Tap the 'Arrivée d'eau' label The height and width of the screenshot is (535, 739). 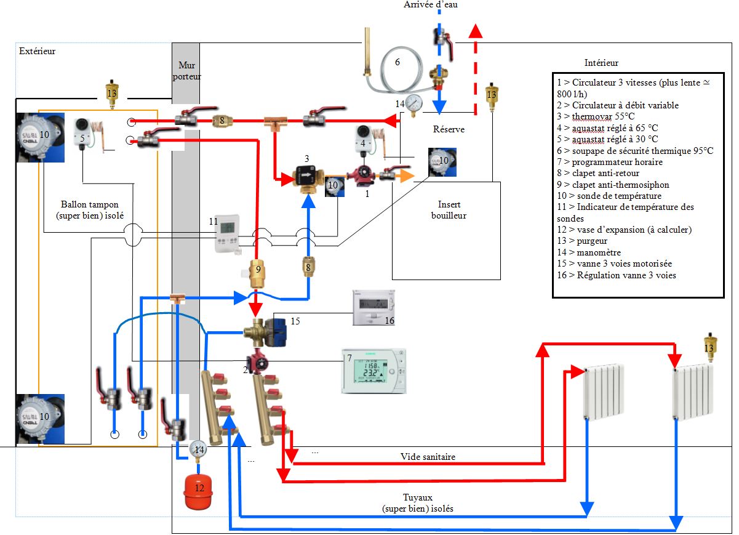(431, 5)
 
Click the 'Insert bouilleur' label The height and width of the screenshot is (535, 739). (449, 210)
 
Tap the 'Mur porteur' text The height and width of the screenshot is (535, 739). (186, 70)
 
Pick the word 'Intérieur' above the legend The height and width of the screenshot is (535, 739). (601, 63)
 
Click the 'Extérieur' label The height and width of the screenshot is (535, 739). (37, 51)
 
